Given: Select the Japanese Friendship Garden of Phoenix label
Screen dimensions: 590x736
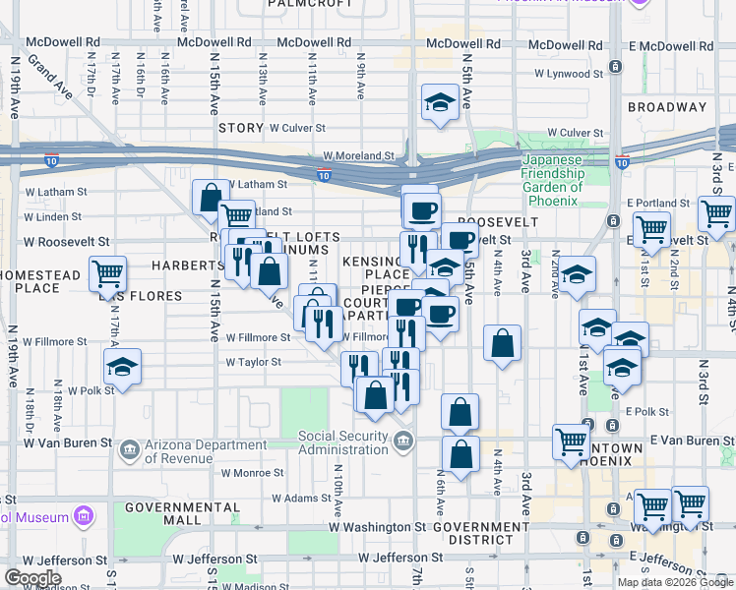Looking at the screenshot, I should click(x=553, y=174).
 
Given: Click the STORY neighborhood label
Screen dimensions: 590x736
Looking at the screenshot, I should click(x=241, y=128).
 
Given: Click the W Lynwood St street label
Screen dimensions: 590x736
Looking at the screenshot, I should click(x=567, y=73).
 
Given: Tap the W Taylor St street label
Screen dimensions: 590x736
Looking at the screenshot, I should click(x=254, y=362).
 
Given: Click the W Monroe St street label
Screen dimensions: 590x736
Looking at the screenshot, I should click(x=252, y=472).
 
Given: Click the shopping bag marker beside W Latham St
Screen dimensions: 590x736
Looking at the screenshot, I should click(x=210, y=197).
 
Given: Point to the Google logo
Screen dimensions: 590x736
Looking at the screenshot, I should click(x=32, y=578).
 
